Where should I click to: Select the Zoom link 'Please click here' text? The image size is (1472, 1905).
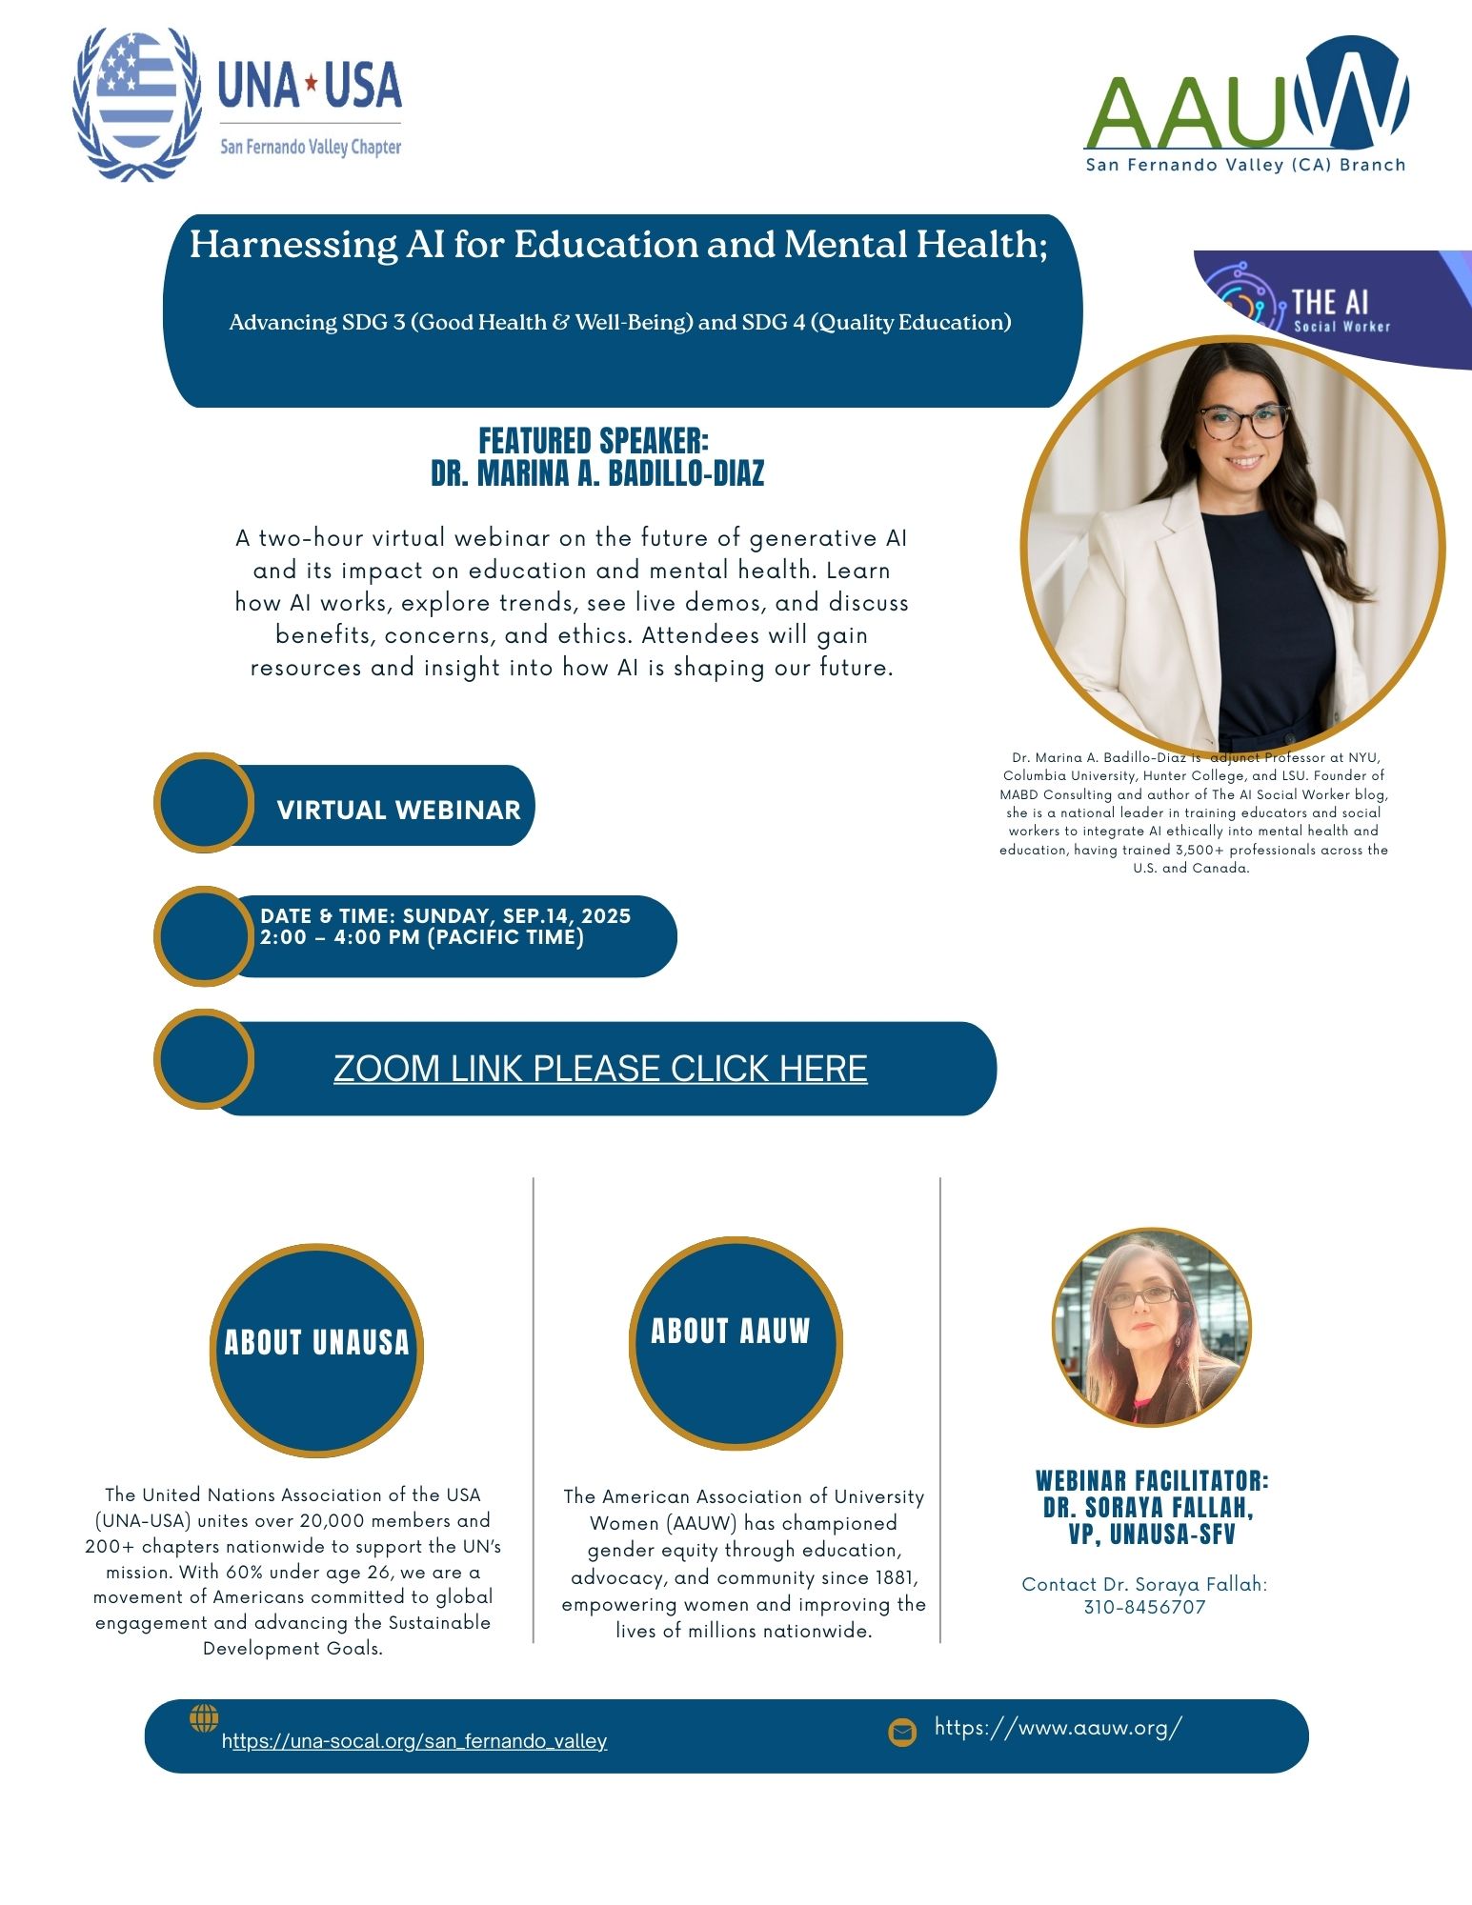(600, 1069)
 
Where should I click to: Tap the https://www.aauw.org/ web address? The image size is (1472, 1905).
(1058, 1728)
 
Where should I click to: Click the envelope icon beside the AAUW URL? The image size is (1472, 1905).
(902, 1732)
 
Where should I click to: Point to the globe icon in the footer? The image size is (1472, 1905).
(204, 1718)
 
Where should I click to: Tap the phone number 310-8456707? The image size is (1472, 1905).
(1144, 1608)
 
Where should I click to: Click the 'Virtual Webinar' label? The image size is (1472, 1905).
(398, 810)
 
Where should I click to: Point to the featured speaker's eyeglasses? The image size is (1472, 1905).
(1243, 421)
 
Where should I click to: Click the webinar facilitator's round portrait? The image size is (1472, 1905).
(1151, 1327)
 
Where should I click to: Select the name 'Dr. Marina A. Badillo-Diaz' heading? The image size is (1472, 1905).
(597, 473)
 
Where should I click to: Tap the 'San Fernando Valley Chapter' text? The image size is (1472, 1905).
(311, 148)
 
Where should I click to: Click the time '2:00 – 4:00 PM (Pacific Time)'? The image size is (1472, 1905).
(422, 937)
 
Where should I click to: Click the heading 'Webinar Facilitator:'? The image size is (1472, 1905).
(1152, 1481)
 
